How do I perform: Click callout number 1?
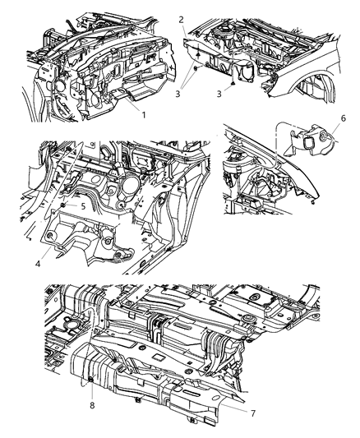coord(143,115)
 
